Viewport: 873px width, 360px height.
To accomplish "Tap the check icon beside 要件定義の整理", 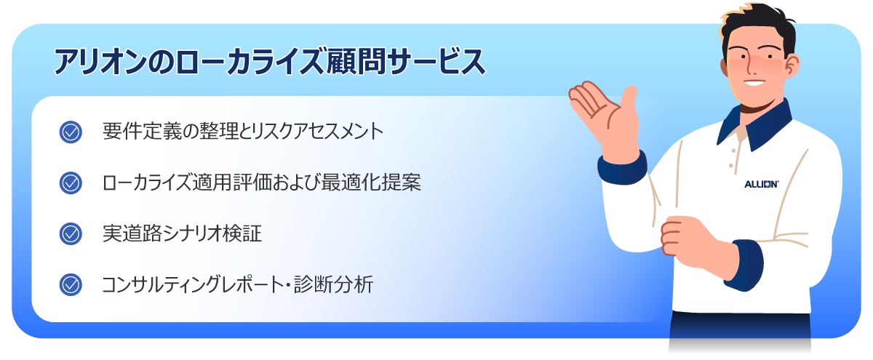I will click(71, 132).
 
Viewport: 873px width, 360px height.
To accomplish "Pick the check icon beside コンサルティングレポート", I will click(71, 284).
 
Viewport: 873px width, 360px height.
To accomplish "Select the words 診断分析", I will click(342, 284).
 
